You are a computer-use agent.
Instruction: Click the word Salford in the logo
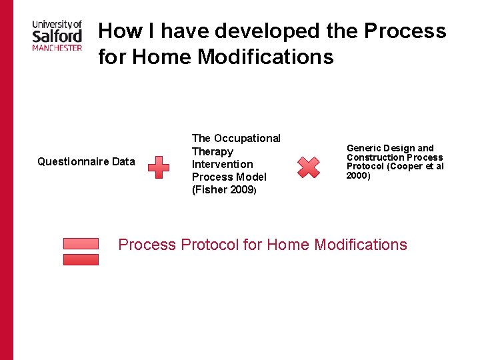click(x=57, y=35)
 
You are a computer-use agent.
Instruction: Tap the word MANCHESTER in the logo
click(x=57, y=47)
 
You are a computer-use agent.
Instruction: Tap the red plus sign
click(x=158, y=167)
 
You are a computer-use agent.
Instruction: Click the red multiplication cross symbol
click(x=308, y=167)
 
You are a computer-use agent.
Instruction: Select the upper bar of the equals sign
click(x=81, y=243)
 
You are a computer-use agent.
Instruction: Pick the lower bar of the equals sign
click(x=81, y=259)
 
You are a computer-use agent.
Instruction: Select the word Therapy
click(x=212, y=151)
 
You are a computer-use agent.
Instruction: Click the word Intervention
click(x=222, y=164)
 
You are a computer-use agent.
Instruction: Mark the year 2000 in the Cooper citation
click(x=357, y=176)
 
